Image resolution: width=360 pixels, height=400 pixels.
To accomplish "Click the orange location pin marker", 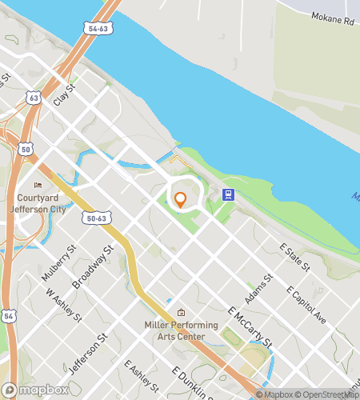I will click(180, 200).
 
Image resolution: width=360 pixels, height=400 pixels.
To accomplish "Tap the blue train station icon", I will click(228, 194).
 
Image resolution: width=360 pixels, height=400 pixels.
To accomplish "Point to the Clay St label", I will click(63, 96).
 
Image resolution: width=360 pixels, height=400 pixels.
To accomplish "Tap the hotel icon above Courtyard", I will click(38, 186).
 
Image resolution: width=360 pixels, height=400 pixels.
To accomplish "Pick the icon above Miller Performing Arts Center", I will click(181, 313).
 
